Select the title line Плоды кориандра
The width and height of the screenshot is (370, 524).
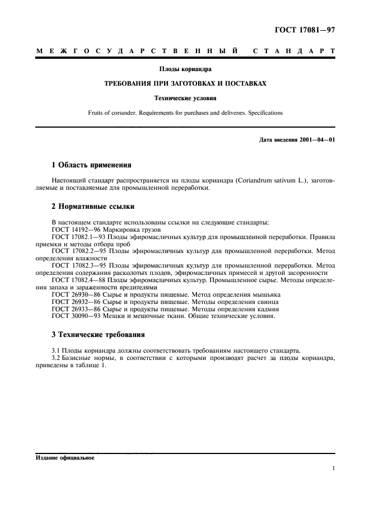[185, 69]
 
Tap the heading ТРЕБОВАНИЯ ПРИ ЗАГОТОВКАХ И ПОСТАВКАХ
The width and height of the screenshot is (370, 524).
[185, 83]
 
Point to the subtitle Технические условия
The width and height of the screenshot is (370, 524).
[185, 98]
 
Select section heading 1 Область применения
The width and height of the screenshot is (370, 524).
[91, 166]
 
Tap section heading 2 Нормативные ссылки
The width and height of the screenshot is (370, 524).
[90, 207]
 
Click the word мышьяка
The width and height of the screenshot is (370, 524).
[265, 294]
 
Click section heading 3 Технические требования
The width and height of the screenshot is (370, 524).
[98, 335]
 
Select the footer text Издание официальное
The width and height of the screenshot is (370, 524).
[65, 457]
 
